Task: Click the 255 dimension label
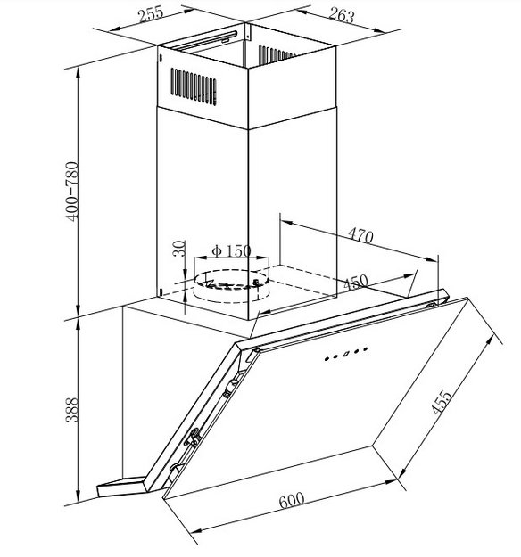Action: pos(151,14)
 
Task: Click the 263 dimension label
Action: pos(342,15)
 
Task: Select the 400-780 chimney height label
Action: pos(72,192)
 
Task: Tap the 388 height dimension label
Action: pos(72,410)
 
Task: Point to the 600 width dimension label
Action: pos(292,500)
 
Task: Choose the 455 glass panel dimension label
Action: pos(442,402)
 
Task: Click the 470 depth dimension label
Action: pos(360,235)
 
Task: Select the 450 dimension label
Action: pos(356,283)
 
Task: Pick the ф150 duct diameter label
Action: pos(231,250)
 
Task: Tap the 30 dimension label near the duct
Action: pos(179,249)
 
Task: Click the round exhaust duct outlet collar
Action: pos(232,286)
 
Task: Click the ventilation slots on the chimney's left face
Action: pos(194,86)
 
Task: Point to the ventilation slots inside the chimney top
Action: pos(277,55)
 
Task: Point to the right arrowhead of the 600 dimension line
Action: pos(390,482)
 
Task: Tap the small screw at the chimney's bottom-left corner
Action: pos(161,292)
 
